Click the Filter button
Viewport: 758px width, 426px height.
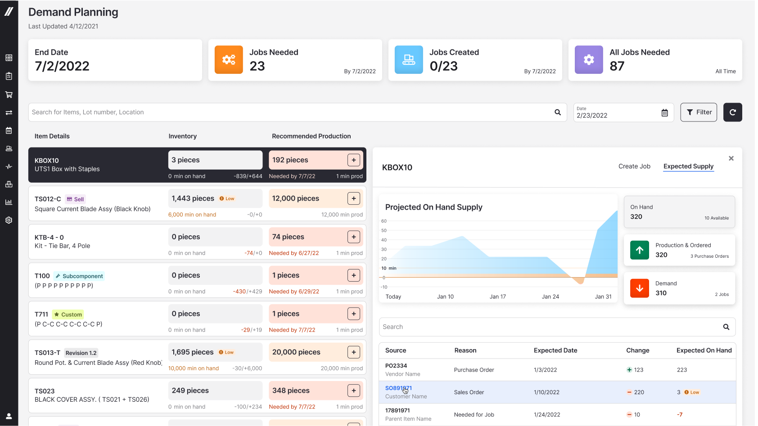[699, 112]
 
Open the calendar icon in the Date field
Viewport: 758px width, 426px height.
[664, 113]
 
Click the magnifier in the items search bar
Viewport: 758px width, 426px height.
[558, 112]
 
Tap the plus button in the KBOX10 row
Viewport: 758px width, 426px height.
[354, 160]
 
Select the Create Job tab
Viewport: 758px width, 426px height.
[634, 166]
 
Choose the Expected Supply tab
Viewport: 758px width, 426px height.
[688, 166]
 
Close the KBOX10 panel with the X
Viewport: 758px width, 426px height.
[731, 158]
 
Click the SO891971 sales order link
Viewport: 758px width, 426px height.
[398, 388]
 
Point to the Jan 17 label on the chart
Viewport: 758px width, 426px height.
[498, 297]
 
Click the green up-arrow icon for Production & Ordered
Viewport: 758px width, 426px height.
[640, 250]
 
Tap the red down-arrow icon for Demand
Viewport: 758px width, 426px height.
[640, 288]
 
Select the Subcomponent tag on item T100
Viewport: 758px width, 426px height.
[79, 276]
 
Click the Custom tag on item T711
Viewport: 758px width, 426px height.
[68, 314]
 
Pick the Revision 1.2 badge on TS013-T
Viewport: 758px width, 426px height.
[81, 353]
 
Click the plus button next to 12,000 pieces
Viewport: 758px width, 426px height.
[354, 198]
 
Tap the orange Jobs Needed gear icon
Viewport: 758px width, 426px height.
[229, 60]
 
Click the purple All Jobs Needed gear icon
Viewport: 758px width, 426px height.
[589, 60]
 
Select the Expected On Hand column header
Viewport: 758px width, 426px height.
[704, 350]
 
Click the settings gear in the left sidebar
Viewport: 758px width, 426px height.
[9, 220]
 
